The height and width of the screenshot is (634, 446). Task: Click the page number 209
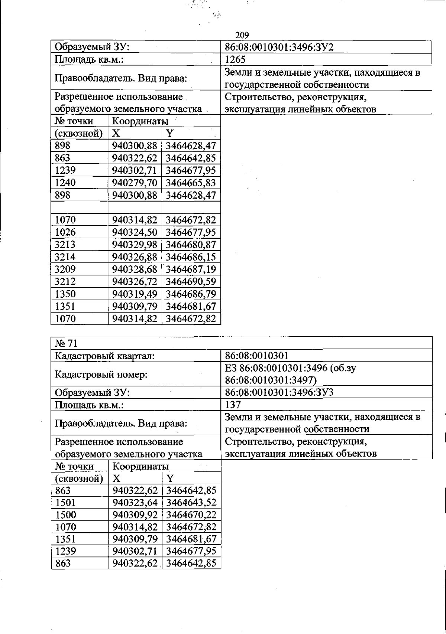coord(242,35)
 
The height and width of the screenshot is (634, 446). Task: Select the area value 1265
coord(235,60)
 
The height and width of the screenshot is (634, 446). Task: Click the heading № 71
coord(66,343)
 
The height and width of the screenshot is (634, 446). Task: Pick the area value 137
coord(233,404)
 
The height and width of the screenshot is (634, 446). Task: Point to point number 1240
coord(65,183)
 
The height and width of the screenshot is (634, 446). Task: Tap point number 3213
coord(65,245)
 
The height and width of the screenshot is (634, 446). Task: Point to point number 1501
coord(65,503)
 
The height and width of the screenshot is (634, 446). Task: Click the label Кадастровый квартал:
coord(104,356)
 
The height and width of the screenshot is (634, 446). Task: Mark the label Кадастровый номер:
coord(101,374)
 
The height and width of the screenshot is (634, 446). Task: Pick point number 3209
coord(65,269)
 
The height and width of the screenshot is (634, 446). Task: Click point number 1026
coord(65,232)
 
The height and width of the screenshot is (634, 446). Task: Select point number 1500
coord(65,515)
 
